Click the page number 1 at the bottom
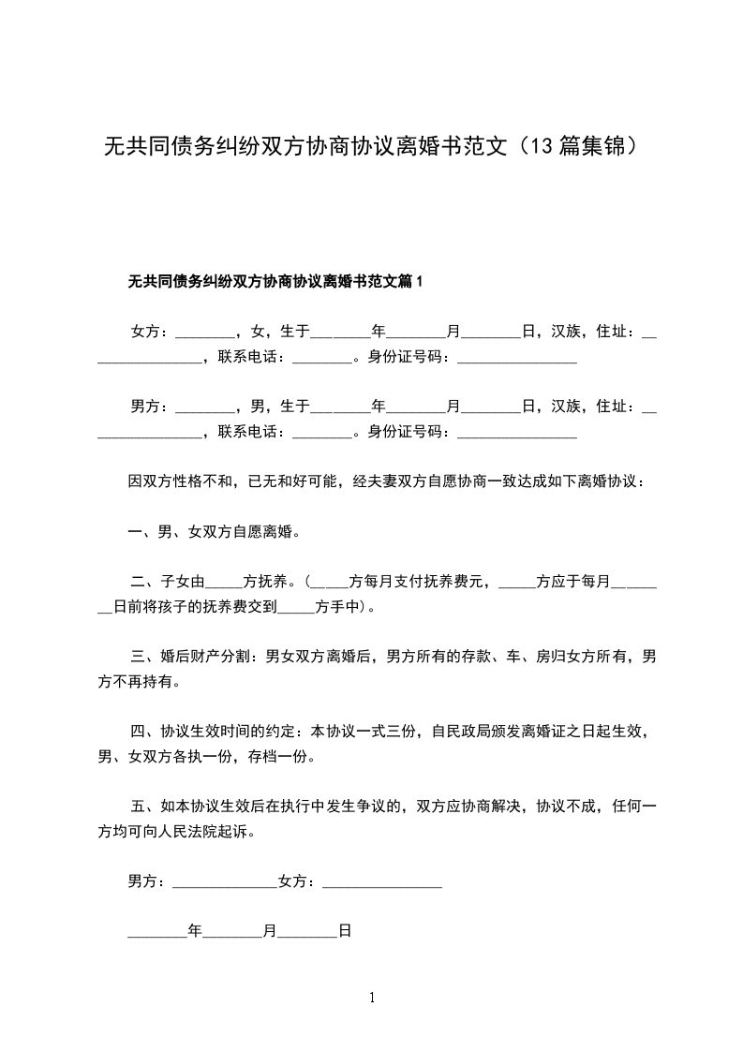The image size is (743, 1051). coord(372,998)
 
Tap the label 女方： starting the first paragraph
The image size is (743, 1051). coord(149,332)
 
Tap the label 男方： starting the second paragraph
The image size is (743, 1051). coord(149,407)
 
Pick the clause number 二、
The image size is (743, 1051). coord(142,582)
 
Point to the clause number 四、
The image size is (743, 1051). coord(142,732)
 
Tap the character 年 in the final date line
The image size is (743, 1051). coord(195,932)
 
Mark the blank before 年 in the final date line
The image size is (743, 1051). coord(156,934)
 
